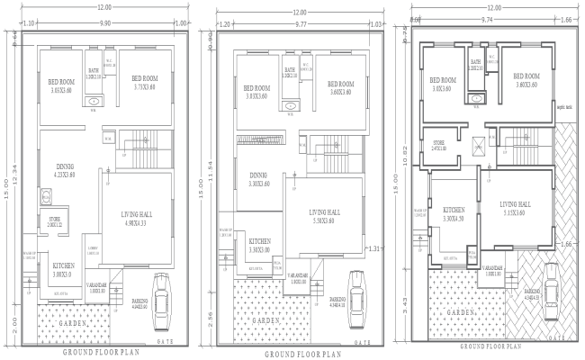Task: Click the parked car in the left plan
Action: coord(163,292)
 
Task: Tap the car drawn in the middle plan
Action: coord(357,291)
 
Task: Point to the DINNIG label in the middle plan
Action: coord(258,175)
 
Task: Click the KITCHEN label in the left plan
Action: coord(63,265)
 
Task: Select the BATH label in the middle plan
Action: coord(290,69)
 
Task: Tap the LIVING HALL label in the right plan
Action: coord(517,204)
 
